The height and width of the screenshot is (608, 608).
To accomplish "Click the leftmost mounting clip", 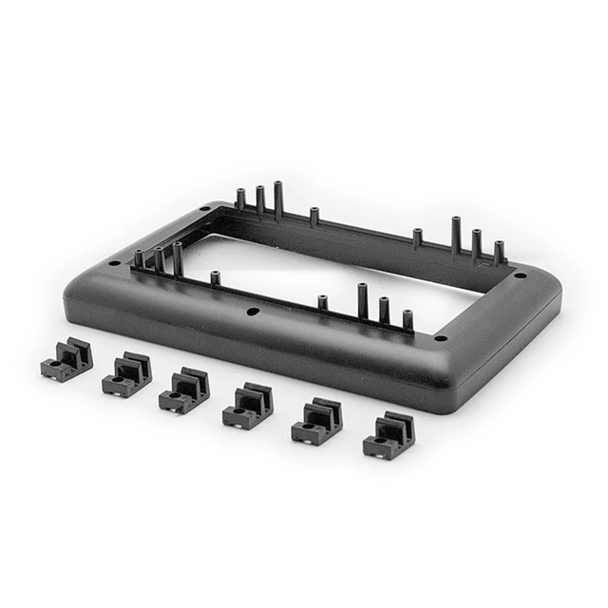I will click(66, 361).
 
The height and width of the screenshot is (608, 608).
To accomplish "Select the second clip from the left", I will click(126, 373).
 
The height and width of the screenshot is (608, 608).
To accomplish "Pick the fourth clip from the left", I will click(247, 406).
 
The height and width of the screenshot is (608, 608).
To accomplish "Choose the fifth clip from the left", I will click(316, 422).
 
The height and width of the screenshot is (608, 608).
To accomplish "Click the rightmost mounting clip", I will click(388, 435).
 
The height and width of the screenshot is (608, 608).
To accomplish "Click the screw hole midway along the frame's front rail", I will click(252, 311).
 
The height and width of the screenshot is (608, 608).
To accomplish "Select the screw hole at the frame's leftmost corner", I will click(115, 262).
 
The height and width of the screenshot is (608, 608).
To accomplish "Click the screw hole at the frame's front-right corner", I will click(440, 337).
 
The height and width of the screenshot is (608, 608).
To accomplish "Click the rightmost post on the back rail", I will click(499, 252).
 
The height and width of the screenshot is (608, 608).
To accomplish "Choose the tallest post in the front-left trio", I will click(178, 258).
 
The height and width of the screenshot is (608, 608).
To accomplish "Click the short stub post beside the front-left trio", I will click(216, 278).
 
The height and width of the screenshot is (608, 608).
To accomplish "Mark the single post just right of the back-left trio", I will click(313, 217).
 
